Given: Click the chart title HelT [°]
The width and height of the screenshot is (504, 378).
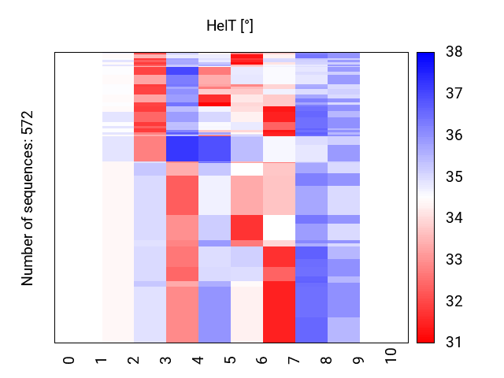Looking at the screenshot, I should pos(230,26).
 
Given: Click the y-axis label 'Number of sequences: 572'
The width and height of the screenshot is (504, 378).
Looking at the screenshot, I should pos(28,198).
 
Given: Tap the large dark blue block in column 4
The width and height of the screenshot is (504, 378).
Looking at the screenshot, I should pos(182,148).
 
